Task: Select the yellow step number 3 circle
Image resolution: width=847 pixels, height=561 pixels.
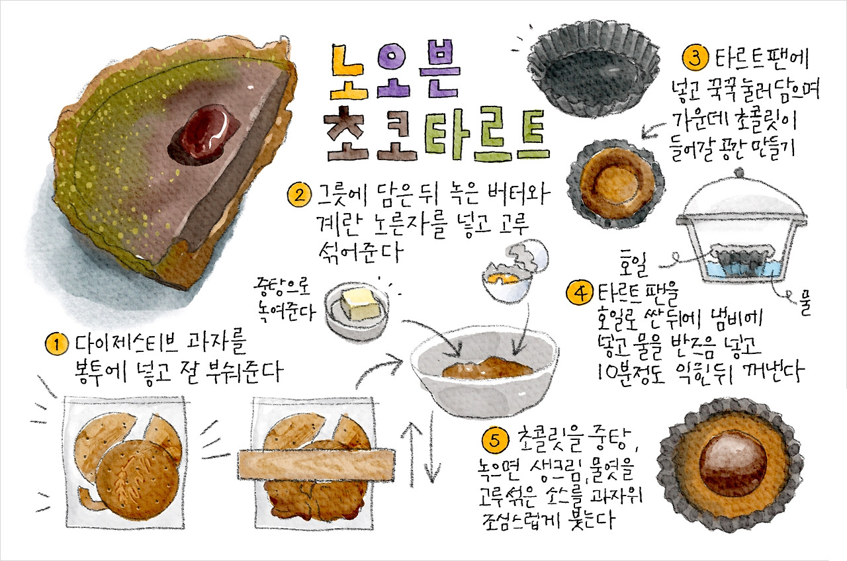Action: (695, 58)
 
